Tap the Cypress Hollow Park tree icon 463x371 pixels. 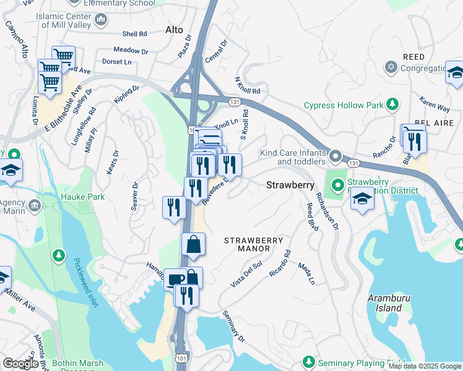pyautogui.click(x=392, y=104)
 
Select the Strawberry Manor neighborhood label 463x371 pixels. pyautogui.click(x=253, y=244)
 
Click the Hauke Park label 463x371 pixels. pyautogui.click(x=83, y=197)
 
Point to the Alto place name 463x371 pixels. pyautogui.click(x=175, y=30)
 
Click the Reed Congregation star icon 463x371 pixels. pyautogui.click(x=391, y=66)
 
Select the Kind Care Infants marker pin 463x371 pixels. pyautogui.click(x=336, y=156)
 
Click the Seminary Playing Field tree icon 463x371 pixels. pyautogui.click(x=308, y=361)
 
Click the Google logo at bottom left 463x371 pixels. pyautogui.click(x=20, y=363)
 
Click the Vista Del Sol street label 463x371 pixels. pyautogui.click(x=246, y=274)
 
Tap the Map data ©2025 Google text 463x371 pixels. pyautogui.click(x=425, y=366)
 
